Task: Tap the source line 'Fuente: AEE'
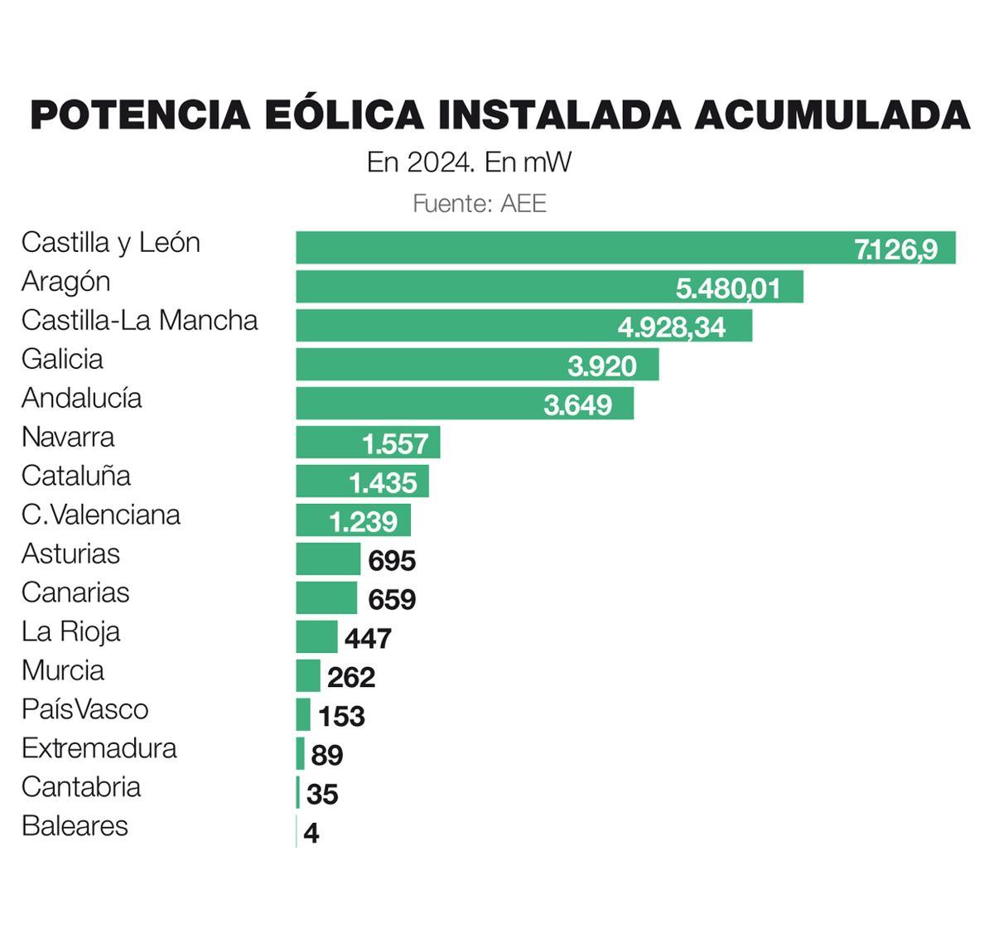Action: pyautogui.click(x=480, y=203)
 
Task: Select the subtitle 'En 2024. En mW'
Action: pyautogui.click(x=469, y=162)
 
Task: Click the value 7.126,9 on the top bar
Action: pyautogui.click(x=895, y=249)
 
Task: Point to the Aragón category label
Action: pyautogui.click(x=65, y=282)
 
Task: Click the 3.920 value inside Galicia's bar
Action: pyautogui.click(x=602, y=365)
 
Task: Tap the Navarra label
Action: pyautogui.click(x=68, y=437)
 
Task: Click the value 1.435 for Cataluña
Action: pyautogui.click(x=383, y=482)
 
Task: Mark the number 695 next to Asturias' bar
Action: pyautogui.click(x=392, y=561)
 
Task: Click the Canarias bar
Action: pyautogui.click(x=326, y=598)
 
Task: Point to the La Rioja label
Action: pyautogui.click(x=70, y=631)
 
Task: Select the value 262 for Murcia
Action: pyautogui.click(x=351, y=677)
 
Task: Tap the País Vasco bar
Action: pyautogui.click(x=303, y=714)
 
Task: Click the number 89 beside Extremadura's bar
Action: pyautogui.click(x=327, y=755)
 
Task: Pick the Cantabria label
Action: pyautogui.click(x=81, y=786)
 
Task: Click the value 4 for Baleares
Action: pyautogui.click(x=311, y=833)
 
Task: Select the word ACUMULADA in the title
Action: pyautogui.click(x=831, y=114)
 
